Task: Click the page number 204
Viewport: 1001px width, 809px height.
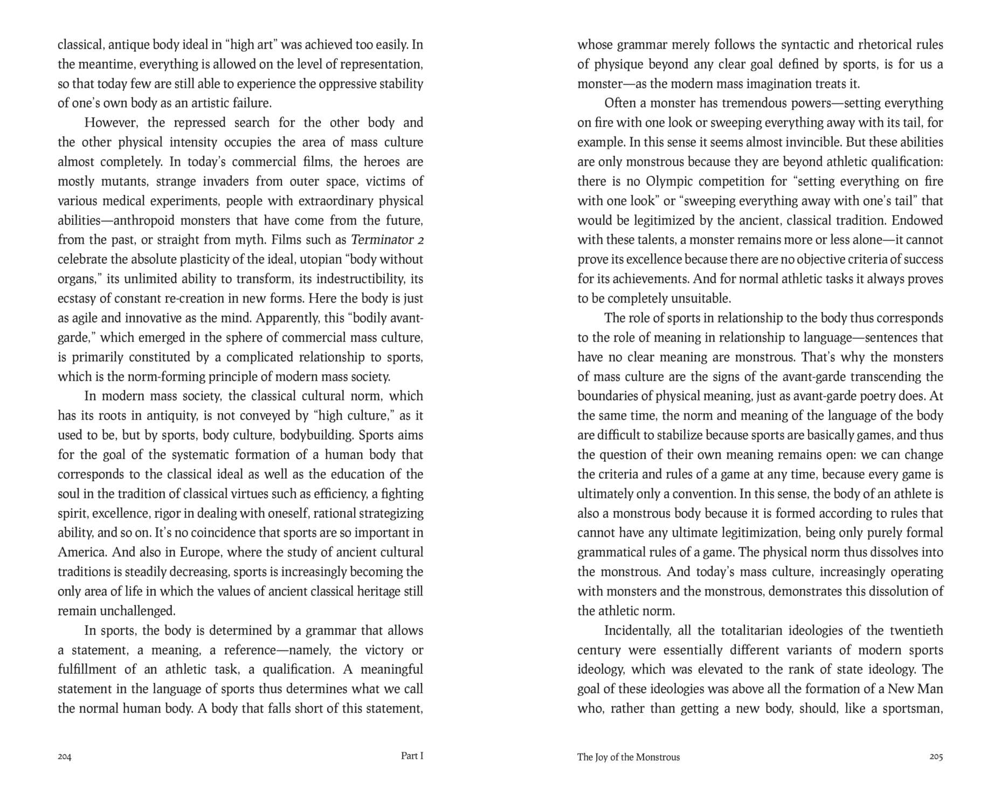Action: [x=64, y=757]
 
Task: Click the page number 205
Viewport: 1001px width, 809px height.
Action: [x=936, y=757]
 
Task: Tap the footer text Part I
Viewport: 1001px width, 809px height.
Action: [x=412, y=756]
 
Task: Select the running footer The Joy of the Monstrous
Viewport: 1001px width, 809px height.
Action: [x=628, y=757]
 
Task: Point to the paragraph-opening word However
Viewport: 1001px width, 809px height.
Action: [x=111, y=122]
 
